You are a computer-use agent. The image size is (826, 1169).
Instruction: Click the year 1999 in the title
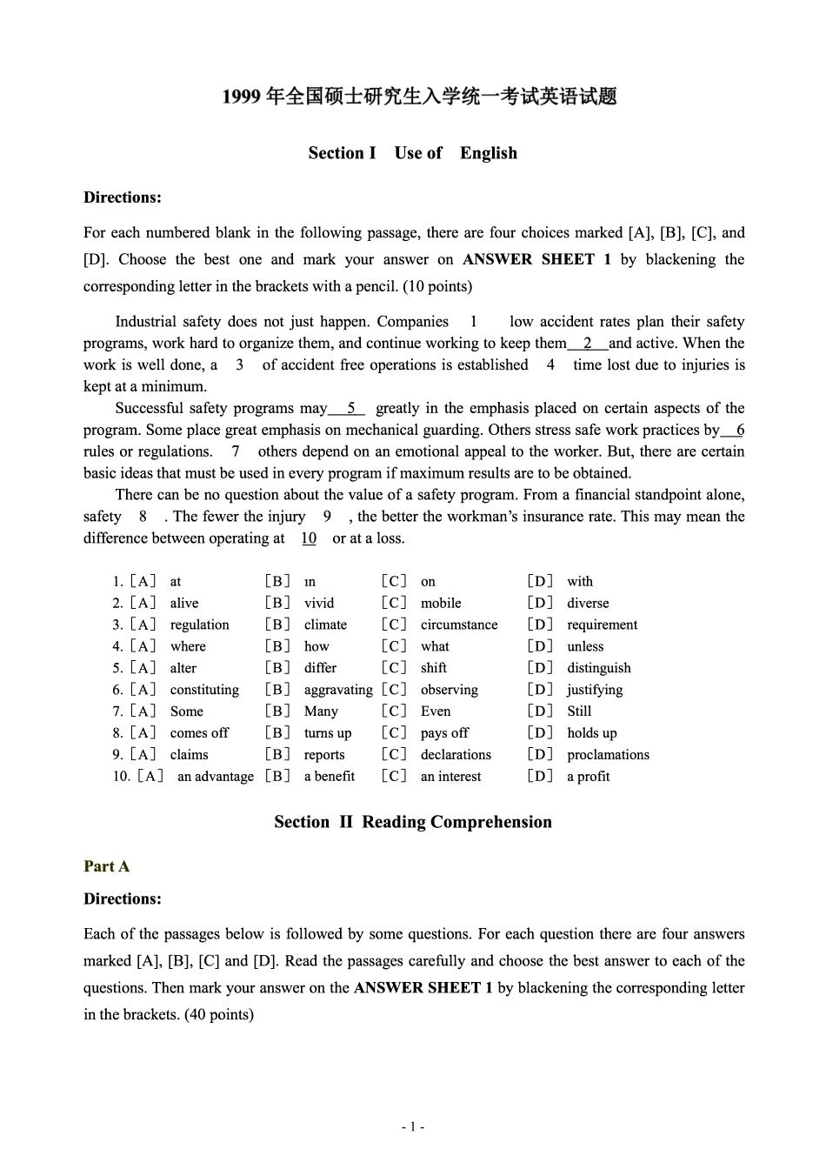coord(241,97)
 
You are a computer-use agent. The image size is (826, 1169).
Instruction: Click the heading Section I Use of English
coord(412,153)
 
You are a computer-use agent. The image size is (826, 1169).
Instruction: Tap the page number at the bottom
coord(413,1127)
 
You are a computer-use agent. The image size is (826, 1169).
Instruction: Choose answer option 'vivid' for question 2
coord(319,603)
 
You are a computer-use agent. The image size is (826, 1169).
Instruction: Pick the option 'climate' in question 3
coord(325,625)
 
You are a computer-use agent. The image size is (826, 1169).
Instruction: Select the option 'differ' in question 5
coord(320,668)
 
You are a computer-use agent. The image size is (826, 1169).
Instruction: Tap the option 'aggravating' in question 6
coord(338,690)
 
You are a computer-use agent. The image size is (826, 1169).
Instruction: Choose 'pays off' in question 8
coord(444,733)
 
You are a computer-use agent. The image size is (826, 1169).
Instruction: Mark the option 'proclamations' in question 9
coord(608,755)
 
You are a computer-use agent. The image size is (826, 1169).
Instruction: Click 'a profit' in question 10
coord(588,777)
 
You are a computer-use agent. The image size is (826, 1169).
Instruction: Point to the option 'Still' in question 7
coord(579,711)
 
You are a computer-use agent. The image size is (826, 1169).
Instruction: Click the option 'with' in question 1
coord(580,582)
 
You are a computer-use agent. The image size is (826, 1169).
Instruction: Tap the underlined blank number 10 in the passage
coord(309,538)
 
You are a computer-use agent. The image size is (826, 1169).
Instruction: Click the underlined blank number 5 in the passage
coord(351,408)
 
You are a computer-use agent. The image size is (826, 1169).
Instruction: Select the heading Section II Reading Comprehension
coord(412,822)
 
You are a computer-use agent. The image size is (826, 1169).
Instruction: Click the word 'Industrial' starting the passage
coord(145,322)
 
